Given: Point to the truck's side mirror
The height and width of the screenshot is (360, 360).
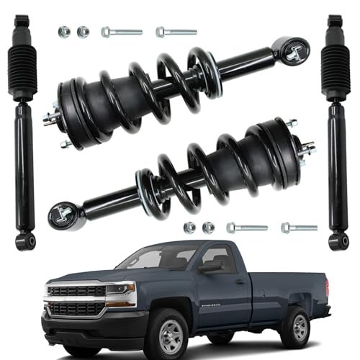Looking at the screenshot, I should point(212,266).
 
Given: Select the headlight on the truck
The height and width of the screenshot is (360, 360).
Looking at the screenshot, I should point(121,291).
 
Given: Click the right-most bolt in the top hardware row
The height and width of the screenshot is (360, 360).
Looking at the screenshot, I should point(176,32).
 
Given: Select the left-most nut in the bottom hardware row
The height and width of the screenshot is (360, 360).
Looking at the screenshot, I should point(190,228).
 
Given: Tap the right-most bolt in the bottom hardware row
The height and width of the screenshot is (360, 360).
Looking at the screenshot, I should point(299,228).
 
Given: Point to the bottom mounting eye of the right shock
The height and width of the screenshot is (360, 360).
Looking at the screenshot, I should point(336,240).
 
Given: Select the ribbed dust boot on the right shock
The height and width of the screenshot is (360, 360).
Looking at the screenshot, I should point(335,72).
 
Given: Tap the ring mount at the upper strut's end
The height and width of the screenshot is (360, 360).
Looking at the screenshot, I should point(292,51).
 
